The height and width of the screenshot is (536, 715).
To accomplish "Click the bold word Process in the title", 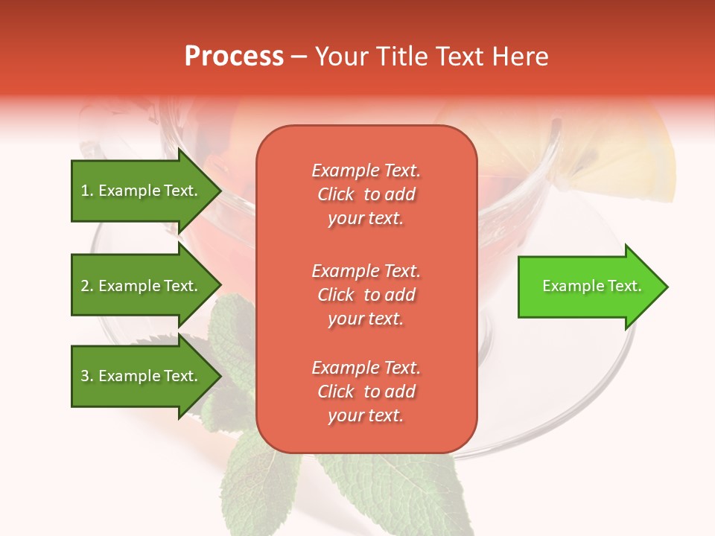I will pos(234,57).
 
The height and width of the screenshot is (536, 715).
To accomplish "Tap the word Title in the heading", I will pos(403,57).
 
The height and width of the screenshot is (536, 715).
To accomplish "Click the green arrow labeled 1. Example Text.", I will pos(140,191).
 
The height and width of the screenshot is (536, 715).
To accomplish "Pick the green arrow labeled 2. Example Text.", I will pos(140,286).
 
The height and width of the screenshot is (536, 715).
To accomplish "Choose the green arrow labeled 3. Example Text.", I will pos(140,376).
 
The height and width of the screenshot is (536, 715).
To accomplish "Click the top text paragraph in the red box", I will pos(366,194).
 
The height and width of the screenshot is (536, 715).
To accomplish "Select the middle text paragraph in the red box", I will pos(366,295).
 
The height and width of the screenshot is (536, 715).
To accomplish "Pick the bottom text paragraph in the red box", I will pos(366,392).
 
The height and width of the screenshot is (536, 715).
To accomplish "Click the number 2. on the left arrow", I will pos(87,286).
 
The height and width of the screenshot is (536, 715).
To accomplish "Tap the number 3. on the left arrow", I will pos(87,376).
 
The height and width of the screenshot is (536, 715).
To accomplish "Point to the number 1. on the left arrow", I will pos(87,191).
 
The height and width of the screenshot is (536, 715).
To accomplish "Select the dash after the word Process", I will pos(299,57).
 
